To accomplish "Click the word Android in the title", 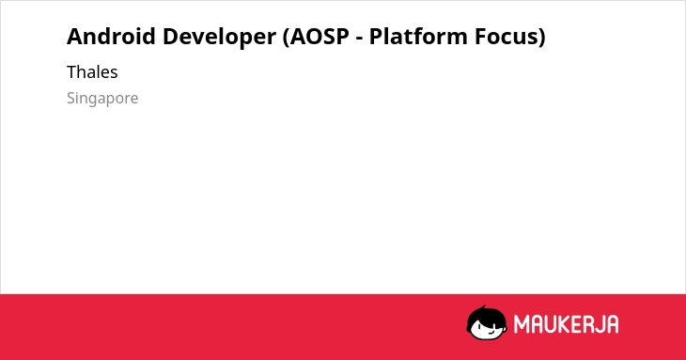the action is pos(111,36).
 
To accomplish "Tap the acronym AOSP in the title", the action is pos(320,37).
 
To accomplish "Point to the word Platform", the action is pos(418,36).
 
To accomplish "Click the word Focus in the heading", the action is pos(507,37).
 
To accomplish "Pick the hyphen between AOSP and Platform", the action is pos(360,39).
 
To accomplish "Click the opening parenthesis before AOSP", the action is pos(286,38).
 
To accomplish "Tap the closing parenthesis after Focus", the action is pos(542,38).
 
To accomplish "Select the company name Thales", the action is pos(92,71).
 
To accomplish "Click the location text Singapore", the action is pos(102,99).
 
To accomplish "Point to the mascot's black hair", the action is pos(486,315).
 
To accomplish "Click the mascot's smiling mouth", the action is pos(491,332).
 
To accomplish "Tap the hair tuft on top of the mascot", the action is pos(483,307).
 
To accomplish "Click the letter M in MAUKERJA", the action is pos(522,324).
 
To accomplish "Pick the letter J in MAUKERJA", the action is pos(600,324).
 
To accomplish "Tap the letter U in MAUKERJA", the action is pos(554,324).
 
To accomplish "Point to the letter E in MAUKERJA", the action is pos(580,324).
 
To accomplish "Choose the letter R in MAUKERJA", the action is pos(590,324).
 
